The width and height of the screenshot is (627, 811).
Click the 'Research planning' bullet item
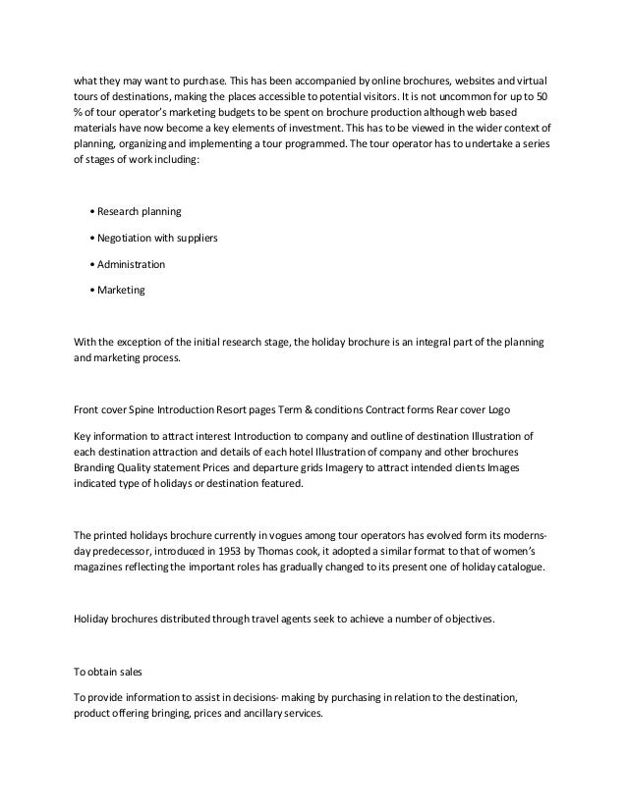coord(138,211)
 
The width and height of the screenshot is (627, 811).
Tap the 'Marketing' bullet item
coord(119,291)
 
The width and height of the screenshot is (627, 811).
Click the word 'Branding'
coord(97,467)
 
